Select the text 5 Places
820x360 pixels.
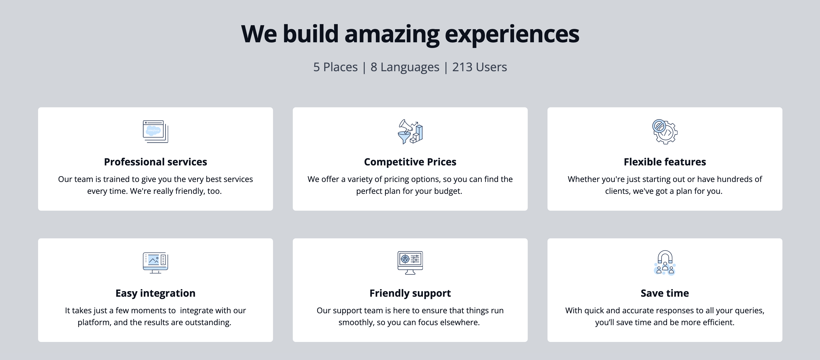click(335, 67)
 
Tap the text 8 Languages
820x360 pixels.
click(405, 67)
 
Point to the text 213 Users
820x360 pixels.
click(479, 67)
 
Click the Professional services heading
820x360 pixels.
click(155, 162)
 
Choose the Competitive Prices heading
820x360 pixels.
click(410, 162)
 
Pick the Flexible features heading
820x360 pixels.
click(665, 162)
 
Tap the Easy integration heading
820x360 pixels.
click(155, 293)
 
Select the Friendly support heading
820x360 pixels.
click(410, 293)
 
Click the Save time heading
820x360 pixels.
click(665, 293)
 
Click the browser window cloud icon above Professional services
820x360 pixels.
click(155, 132)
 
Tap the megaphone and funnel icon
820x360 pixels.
click(410, 132)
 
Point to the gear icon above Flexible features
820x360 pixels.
click(665, 132)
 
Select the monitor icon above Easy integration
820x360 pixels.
click(155, 263)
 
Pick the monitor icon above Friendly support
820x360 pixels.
click(410, 263)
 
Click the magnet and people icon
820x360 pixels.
click(665, 263)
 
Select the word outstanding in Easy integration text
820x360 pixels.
click(208, 322)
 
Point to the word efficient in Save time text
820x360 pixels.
click(718, 322)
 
